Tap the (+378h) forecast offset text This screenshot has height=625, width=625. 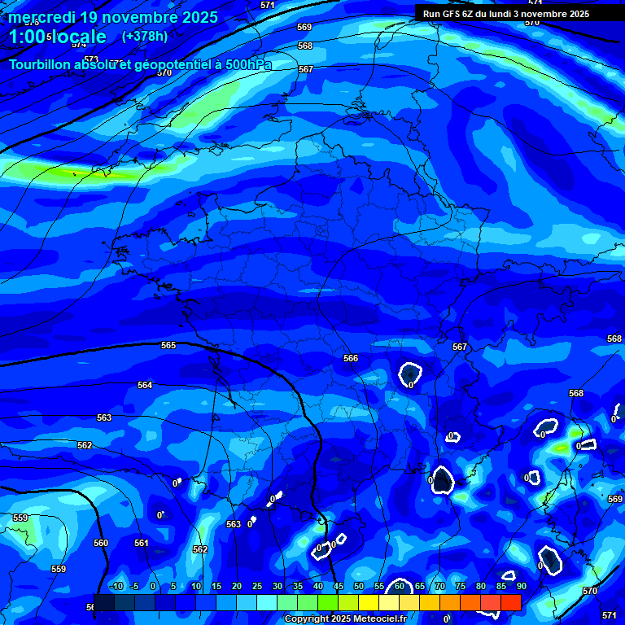(x=145, y=37)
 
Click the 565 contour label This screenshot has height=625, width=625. (x=168, y=345)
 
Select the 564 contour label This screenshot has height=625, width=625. (x=145, y=385)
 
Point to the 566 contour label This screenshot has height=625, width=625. (x=351, y=358)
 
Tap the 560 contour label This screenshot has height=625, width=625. (x=101, y=543)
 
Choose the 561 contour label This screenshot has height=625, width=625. (x=142, y=543)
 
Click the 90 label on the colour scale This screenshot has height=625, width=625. (x=522, y=586)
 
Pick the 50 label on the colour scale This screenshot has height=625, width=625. (x=359, y=586)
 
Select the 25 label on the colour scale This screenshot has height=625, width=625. (x=257, y=586)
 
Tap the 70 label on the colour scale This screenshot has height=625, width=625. (x=440, y=586)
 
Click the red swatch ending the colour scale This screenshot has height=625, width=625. (x=510, y=602)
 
